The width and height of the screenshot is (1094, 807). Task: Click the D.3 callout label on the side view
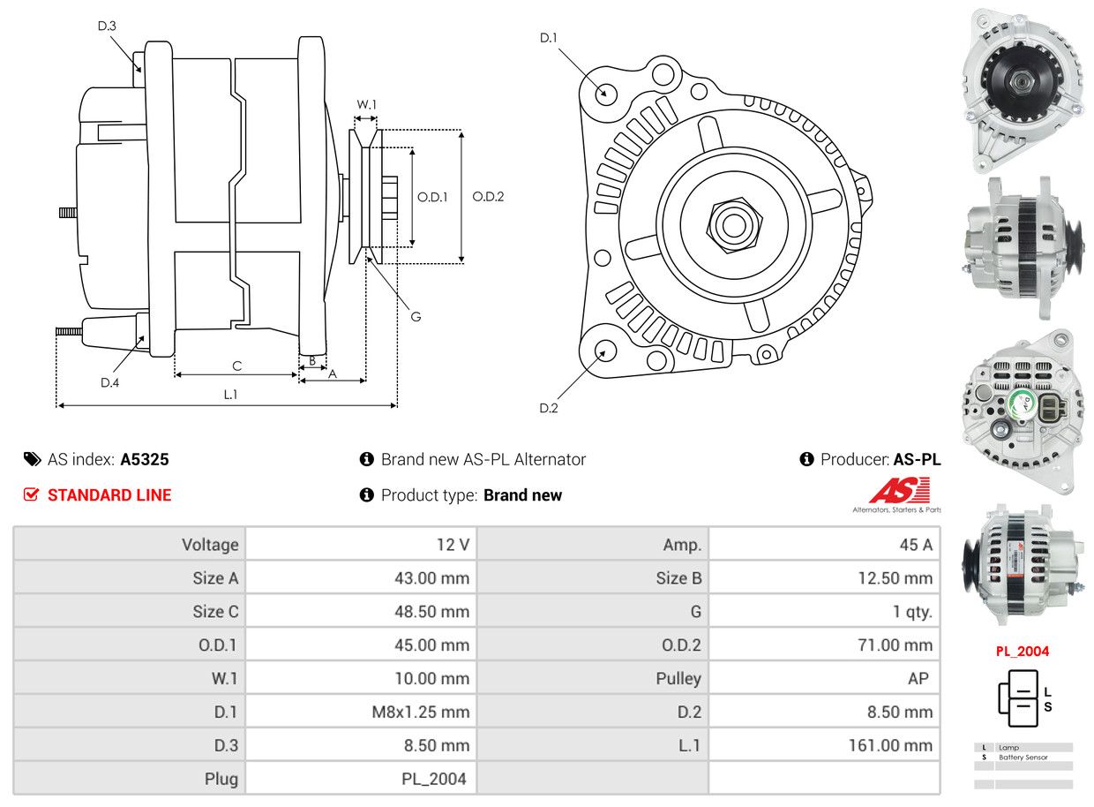tap(107, 26)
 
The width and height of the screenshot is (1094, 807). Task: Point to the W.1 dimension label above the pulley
tap(366, 104)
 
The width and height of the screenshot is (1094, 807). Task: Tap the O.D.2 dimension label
tap(488, 196)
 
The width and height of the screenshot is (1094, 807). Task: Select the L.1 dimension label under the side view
tap(230, 395)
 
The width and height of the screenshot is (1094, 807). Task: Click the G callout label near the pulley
tap(416, 316)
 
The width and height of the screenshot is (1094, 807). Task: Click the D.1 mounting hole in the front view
tap(605, 93)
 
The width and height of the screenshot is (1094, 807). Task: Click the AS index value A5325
tap(145, 459)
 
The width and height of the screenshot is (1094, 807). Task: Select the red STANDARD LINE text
tap(109, 495)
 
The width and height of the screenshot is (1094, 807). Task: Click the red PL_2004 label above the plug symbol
tap(1023, 652)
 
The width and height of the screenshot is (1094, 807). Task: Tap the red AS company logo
tap(899, 491)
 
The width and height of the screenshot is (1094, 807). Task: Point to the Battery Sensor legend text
tap(1023, 758)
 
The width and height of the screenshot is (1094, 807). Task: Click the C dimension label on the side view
tap(236, 366)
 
